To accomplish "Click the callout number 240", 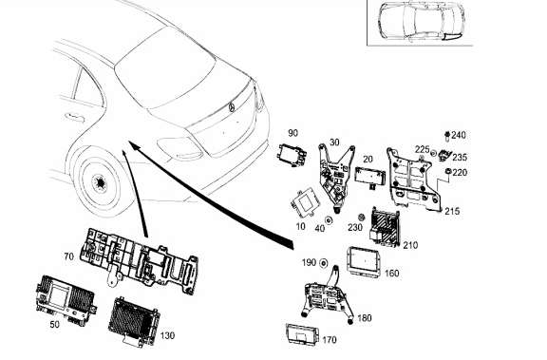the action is pyautogui.click(x=459, y=135).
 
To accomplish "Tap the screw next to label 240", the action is pyautogui.click(x=447, y=136).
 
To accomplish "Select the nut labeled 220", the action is pyautogui.click(x=447, y=171).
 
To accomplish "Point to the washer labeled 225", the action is pyautogui.click(x=434, y=153).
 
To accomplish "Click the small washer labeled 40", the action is pyautogui.click(x=329, y=220).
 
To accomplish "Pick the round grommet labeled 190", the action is pyautogui.click(x=324, y=263).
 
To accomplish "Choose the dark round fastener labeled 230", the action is pyautogui.click(x=362, y=217).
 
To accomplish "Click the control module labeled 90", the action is pyautogui.click(x=292, y=154).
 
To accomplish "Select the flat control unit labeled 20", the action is pyautogui.click(x=369, y=176).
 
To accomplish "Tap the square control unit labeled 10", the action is pyautogui.click(x=304, y=203).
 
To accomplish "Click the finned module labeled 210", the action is pyautogui.click(x=385, y=227).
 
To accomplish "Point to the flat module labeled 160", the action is pyautogui.click(x=364, y=261).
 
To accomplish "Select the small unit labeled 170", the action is pyautogui.click(x=302, y=333).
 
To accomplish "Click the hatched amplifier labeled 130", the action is pyautogui.click(x=134, y=321).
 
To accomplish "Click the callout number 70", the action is pyautogui.click(x=68, y=256).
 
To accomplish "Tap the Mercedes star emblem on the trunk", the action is pyautogui.click(x=232, y=107).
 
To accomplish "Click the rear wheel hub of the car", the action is pyautogui.click(x=101, y=182).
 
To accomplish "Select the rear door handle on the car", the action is pyautogui.click(x=74, y=117).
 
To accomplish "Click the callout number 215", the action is pyautogui.click(x=452, y=211).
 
